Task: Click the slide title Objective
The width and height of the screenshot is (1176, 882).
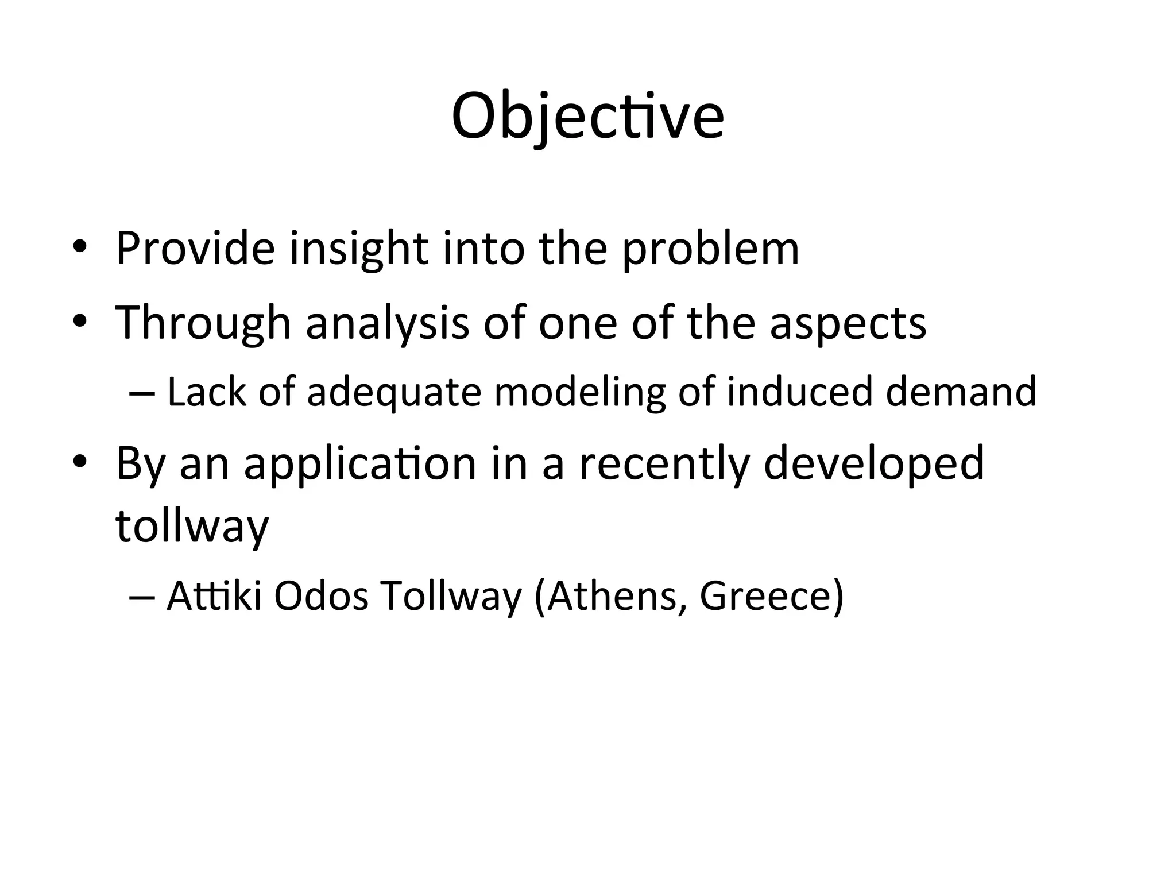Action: [587, 117]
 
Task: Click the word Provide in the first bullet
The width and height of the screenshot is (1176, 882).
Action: [195, 248]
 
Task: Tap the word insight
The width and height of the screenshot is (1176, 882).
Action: [358, 249]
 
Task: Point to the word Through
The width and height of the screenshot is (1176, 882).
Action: [203, 323]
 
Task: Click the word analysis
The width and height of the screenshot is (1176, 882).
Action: [387, 323]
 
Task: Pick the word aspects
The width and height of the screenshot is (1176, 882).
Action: [848, 323]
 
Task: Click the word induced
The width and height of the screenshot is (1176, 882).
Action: [799, 392]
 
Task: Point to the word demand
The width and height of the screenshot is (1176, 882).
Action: [961, 392]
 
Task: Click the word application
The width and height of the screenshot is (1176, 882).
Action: [360, 464]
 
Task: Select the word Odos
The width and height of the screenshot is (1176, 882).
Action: [320, 596]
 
